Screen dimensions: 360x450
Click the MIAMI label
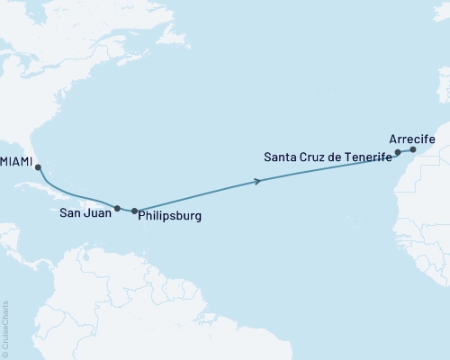pyautogui.click(x=16, y=163)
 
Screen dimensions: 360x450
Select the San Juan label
pyautogui.click(x=85, y=214)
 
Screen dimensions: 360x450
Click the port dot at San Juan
pyautogui.click(x=117, y=208)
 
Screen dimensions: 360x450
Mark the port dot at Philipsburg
pyautogui.click(x=135, y=211)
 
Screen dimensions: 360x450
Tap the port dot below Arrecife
pyautogui.click(x=413, y=150)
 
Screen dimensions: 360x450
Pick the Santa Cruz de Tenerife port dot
pyautogui.click(x=398, y=153)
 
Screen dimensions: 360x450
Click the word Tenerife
pyautogui.click(x=364, y=157)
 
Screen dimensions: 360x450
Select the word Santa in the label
pyautogui.click(x=280, y=157)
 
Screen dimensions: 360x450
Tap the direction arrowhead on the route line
pyautogui.click(x=259, y=182)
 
